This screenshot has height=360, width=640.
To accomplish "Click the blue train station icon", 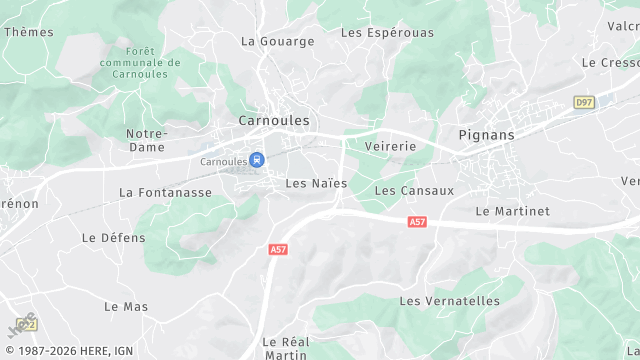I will pos(257,159).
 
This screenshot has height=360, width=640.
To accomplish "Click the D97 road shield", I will pos(584,102).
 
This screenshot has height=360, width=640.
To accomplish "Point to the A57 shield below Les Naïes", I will pos(278,248).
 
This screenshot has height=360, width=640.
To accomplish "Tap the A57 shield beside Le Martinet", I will pos(417,222).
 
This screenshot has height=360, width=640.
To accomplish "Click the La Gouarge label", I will pos(278,41).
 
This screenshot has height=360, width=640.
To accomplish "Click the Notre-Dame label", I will pos(146,140).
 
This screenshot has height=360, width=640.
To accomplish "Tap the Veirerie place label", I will pos(390,146).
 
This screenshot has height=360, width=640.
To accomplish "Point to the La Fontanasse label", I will pos(165,192).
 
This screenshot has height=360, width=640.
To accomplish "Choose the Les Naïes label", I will pos(316,183).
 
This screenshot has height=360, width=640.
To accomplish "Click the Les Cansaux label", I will pos(414,190).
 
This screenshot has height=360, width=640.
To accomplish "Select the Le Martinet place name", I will pos(512,211).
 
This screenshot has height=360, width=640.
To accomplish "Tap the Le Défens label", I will pos(113,238).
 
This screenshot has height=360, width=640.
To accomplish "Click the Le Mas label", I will pos(126,306).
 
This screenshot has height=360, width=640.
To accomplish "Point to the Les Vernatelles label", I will pos(449,301).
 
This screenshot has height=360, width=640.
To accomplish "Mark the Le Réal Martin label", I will pos(284,347).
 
